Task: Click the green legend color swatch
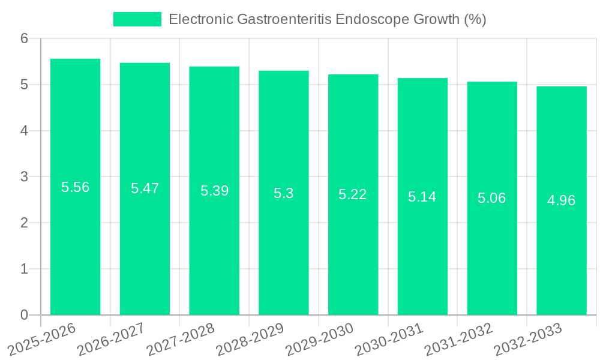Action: click(137, 19)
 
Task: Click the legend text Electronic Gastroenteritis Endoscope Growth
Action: click(327, 19)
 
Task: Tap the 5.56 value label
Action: click(75, 187)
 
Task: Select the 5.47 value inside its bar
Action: click(145, 189)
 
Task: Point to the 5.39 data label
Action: click(214, 191)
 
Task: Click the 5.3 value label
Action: click(283, 193)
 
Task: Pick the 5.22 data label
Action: click(353, 195)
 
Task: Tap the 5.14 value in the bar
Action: click(422, 197)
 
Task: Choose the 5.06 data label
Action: click(492, 199)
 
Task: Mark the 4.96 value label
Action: click(561, 201)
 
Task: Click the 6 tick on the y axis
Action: click(24, 38)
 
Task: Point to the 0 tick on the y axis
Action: click(24, 315)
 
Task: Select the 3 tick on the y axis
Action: click(24, 177)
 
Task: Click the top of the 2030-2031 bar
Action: click(422, 79)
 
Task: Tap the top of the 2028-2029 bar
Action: click(283, 71)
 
